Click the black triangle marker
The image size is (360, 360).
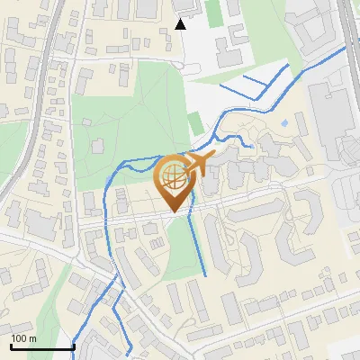[180, 24]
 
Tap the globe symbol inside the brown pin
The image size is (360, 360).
[175, 177]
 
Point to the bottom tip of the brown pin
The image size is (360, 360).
[175, 212]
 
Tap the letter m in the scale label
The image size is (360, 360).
[33, 338]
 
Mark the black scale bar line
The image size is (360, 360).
[41, 346]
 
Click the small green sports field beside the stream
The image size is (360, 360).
[195, 122]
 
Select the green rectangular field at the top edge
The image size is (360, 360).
[212, 12]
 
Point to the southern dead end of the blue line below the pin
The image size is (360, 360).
[206, 274]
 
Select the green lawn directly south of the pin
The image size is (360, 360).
[184, 247]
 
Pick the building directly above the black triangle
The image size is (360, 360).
[181, 5]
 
